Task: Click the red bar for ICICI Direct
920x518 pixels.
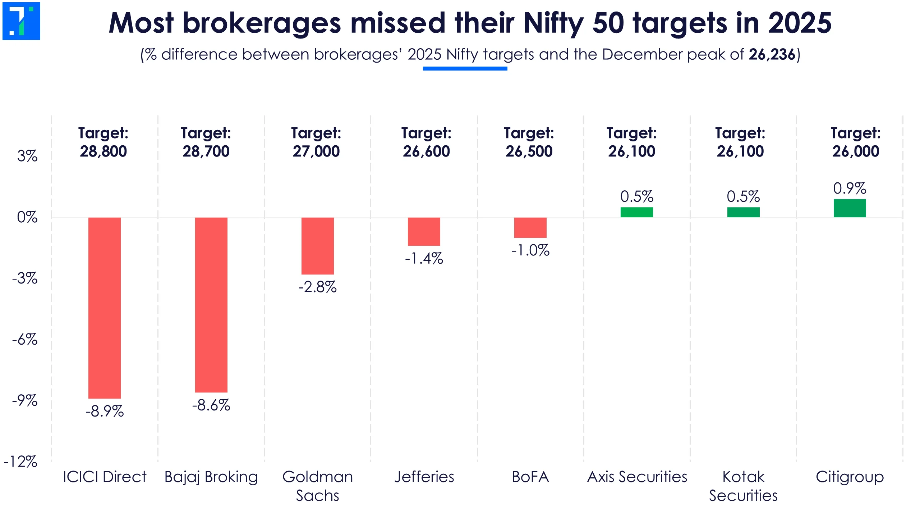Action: pos(105,308)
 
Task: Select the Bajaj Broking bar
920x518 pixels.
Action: pos(211,305)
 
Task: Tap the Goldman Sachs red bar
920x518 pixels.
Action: pos(318,246)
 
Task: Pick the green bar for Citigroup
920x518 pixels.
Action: pos(850,208)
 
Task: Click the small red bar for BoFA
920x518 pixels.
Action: pos(530,228)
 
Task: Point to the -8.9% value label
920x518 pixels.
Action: pos(105,411)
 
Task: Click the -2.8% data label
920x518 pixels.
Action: pos(318,287)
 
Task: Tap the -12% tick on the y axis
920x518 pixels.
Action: pos(21,462)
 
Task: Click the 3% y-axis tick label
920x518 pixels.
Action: pos(27,156)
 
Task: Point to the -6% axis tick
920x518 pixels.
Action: pos(25,340)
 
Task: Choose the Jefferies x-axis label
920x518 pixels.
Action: pos(424,477)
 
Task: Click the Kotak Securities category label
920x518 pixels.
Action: pos(743,486)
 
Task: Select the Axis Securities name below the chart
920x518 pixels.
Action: pos(637,477)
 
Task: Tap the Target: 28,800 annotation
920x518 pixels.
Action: pos(103,142)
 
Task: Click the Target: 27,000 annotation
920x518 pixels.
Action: pos(316,142)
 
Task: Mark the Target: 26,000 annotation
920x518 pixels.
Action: pos(855,142)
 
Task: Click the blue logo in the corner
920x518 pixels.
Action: pos(21,21)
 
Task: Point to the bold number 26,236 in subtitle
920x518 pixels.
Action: pos(772,55)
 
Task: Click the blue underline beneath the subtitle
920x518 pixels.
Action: pos(465,68)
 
